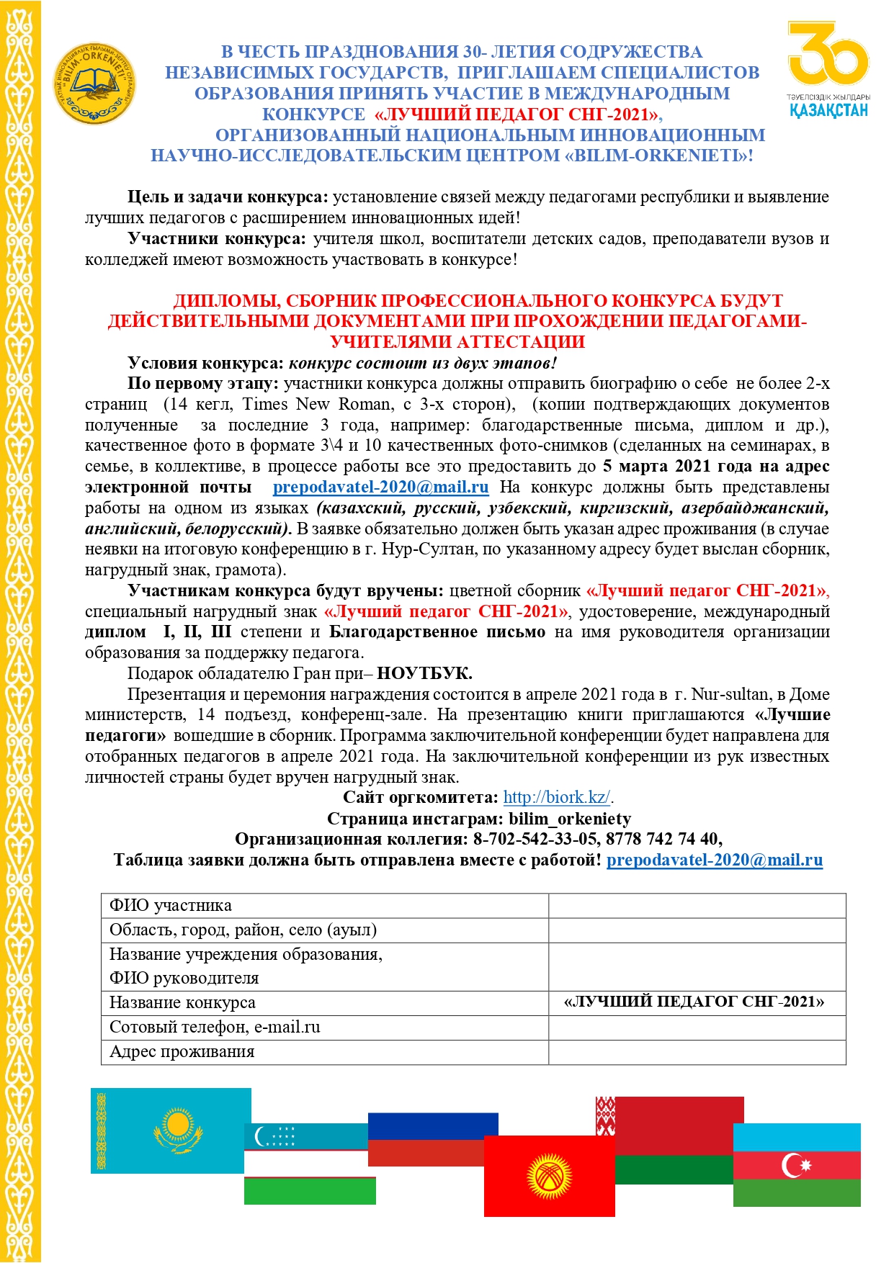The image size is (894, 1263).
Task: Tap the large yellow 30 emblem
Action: pos(828,54)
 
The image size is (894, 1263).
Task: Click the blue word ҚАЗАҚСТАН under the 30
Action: pos(828,110)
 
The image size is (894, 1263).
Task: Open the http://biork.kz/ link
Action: pos(557,797)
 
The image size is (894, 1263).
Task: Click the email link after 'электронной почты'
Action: pos(380,487)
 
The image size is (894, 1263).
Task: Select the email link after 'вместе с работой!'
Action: pos(714,860)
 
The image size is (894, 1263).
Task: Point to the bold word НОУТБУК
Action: pos(424,673)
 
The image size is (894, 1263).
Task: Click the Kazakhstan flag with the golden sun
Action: pos(171,1130)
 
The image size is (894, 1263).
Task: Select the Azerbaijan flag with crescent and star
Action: pos(797,1164)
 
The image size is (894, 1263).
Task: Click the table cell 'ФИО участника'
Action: pos(324,906)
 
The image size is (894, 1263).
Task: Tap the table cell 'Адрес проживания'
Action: pos(324,1052)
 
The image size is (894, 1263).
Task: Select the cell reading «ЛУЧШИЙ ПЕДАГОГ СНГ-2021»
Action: pos(696,1002)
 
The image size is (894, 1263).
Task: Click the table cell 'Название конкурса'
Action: pos(324,1003)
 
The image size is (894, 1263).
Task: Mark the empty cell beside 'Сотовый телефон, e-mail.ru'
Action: pos(696,1028)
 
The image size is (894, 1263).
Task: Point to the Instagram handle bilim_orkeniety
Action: pos(569,819)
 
